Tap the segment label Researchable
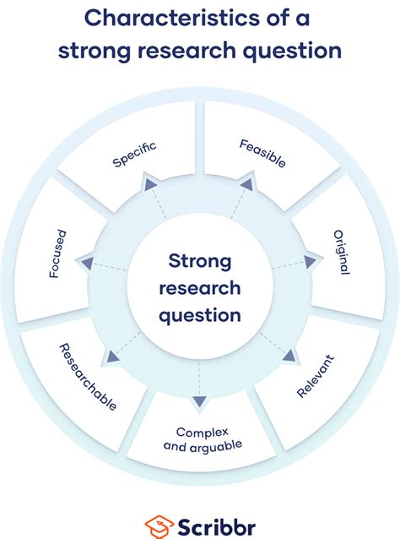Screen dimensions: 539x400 pyautogui.click(x=86, y=377)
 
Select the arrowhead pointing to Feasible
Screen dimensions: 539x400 pyautogui.click(x=246, y=182)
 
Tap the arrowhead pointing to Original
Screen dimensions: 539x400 pyautogui.click(x=310, y=261)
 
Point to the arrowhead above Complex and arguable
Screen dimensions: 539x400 pyautogui.click(x=199, y=401)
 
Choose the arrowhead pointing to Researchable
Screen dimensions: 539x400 pyautogui.click(x=110, y=357)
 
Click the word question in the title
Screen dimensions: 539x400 pyautogui.click(x=290, y=51)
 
